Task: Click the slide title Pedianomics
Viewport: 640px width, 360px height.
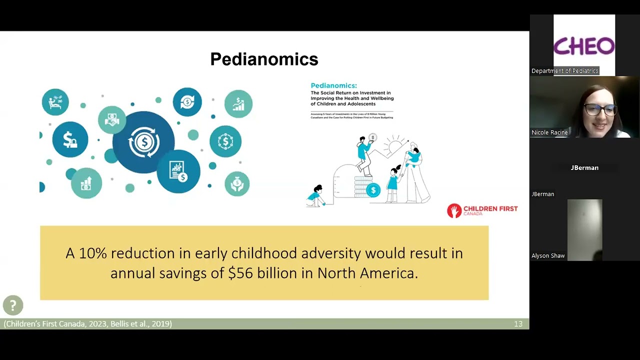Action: [x=264, y=59]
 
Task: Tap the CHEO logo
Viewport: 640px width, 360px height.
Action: [x=584, y=46]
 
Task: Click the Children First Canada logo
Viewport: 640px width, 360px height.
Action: [x=482, y=210]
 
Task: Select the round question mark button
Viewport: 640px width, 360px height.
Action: [x=13, y=305]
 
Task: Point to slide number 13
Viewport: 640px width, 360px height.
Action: [x=518, y=324]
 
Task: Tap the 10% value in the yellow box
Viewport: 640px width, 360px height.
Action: [x=92, y=253]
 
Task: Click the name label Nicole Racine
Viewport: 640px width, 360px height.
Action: [x=549, y=132]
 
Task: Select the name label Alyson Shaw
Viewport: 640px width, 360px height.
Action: [x=548, y=255]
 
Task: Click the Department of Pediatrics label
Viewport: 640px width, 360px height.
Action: [x=564, y=71]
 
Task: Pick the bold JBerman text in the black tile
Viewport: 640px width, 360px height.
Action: [x=584, y=168]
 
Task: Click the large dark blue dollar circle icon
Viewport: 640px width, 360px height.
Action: [x=143, y=142]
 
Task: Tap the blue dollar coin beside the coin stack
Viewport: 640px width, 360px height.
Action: [x=373, y=190]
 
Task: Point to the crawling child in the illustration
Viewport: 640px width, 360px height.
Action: [x=316, y=196]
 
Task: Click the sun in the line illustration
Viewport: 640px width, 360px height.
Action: [x=395, y=145]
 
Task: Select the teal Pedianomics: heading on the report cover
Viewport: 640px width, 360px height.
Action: [x=333, y=86]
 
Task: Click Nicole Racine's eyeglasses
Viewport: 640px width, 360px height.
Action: [x=599, y=109]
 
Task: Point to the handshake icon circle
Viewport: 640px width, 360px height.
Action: [x=112, y=119]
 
